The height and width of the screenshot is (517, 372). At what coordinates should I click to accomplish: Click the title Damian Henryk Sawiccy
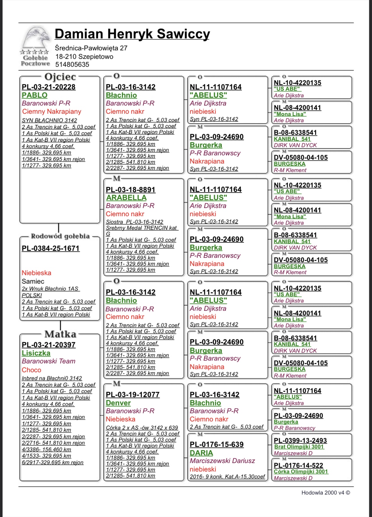click(132, 34)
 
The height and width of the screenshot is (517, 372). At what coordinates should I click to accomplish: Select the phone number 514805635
click(72, 65)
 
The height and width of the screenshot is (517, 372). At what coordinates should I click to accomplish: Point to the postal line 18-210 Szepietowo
click(84, 57)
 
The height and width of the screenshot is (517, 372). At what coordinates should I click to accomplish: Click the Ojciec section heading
click(60, 77)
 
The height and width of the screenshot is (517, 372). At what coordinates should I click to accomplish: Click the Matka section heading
click(60, 334)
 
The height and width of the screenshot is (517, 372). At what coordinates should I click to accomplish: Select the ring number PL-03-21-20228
click(49, 87)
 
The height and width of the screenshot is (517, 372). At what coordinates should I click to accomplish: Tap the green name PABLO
click(35, 95)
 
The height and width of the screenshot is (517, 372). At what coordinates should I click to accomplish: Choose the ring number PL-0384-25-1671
click(50, 248)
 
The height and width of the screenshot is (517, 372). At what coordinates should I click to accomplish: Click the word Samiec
click(33, 281)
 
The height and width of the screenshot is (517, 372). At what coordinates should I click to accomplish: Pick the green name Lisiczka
click(36, 353)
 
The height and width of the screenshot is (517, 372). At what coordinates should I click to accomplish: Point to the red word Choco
click(32, 370)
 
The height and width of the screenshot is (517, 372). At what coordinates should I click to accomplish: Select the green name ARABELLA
click(126, 198)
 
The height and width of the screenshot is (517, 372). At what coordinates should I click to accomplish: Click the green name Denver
click(118, 403)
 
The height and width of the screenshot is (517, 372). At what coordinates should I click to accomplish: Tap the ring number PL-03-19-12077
click(133, 395)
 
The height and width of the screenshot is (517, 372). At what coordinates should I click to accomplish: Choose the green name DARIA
click(201, 453)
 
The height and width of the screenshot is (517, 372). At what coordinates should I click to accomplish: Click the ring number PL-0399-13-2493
click(300, 440)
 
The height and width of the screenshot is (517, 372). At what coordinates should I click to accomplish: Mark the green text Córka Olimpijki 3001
click(301, 472)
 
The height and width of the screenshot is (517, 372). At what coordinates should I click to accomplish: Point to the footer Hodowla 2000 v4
click(326, 493)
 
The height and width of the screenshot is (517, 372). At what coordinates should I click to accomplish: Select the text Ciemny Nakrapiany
click(52, 112)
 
